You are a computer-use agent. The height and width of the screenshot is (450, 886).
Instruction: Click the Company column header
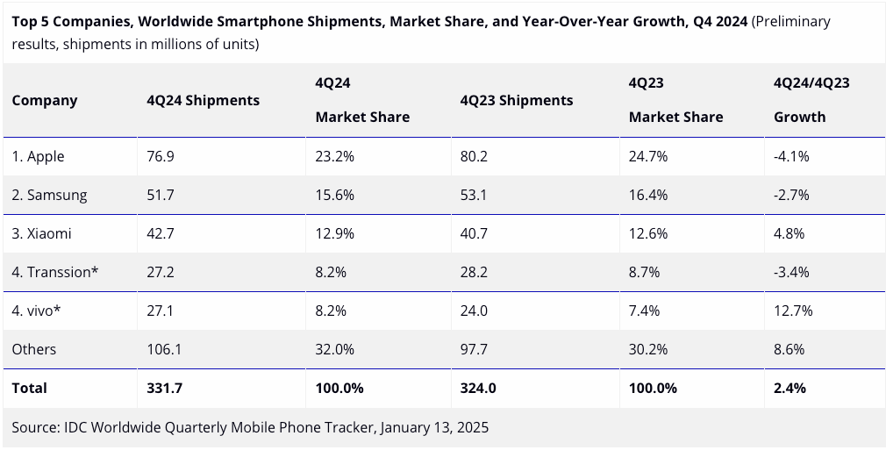45,100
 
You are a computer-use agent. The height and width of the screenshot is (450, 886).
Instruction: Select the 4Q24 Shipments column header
203,100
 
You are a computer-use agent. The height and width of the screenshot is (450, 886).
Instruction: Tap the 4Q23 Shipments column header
516,100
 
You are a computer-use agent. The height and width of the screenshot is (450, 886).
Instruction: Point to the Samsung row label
49,195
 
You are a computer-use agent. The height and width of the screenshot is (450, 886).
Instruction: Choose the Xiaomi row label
41,233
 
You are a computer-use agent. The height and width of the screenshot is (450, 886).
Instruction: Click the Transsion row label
55,272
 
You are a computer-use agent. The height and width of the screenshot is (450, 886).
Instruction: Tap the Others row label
34,349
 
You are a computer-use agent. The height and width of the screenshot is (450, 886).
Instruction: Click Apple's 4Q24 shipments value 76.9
161,156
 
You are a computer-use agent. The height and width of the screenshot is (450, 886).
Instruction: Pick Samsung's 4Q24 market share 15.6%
334,195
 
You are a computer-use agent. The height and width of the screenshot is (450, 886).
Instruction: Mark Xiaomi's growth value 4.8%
789,233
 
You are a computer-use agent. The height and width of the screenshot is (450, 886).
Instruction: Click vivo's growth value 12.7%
792,311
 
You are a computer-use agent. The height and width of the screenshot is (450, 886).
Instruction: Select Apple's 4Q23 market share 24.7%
648,156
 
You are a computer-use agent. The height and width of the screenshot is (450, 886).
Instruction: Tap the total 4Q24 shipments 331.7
164,388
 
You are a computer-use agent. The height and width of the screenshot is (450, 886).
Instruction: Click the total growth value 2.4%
790,388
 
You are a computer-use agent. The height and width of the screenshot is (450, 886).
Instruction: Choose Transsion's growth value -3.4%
790,272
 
